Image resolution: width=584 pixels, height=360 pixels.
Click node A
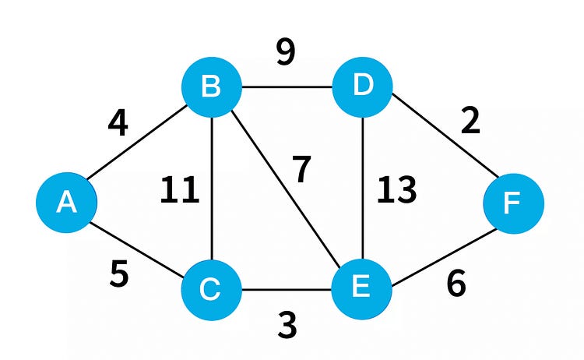point(66,203)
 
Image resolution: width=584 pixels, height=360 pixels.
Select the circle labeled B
point(211,86)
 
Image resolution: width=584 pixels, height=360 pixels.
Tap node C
point(211,290)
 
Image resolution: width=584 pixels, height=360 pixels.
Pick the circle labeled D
point(362,86)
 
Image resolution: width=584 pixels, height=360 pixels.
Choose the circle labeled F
point(513,203)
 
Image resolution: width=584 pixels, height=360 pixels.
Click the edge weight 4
point(118,124)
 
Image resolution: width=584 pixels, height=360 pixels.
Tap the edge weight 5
point(118,274)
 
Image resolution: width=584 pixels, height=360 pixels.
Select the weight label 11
point(180,191)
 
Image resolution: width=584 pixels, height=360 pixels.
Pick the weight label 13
point(396,191)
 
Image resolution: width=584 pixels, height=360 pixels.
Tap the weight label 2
point(470,122)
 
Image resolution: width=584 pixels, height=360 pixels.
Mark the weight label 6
point(456,284)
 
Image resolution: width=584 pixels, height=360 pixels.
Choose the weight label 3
point(287,325)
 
